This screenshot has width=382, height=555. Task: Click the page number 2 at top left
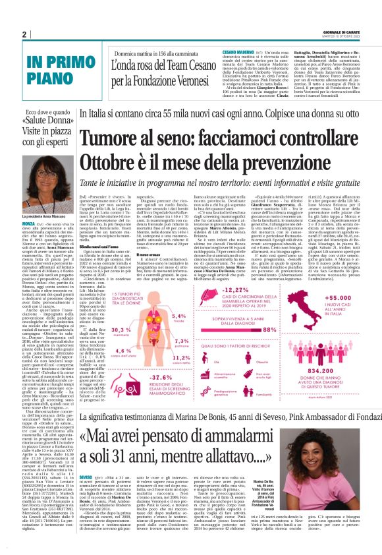24,35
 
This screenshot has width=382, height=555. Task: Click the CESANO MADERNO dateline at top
239,51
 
